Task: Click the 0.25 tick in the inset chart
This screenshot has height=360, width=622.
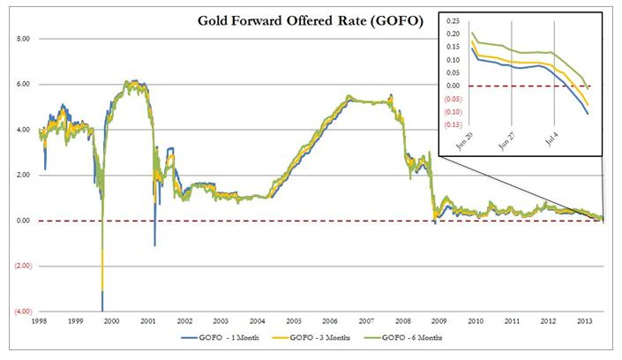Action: pyautogui.click(x=454, y=19)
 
